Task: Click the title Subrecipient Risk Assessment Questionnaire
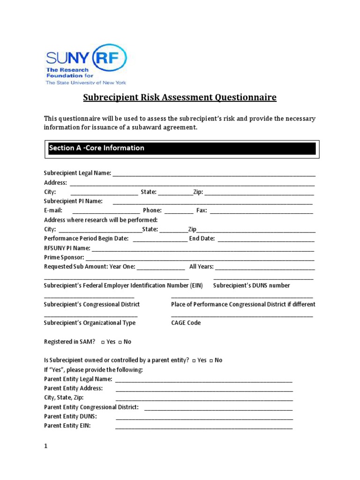click(180, 97)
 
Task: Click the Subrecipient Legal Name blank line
click(214, 174)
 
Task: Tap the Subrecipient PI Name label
click(73, 201)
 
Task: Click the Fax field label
click(202, 210)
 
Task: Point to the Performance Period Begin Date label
click(86, 239)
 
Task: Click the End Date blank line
click(266, 240)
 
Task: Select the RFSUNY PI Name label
click(67, 248)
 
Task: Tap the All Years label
click(202, 267)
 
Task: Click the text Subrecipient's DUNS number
click(251, 285)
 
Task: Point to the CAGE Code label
click(186, 323)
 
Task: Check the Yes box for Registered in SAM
click(103, 342)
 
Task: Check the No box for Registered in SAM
click(120, 342)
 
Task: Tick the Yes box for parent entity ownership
click(194, 360)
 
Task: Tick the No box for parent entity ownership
click(211, 360)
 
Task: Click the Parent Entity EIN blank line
click(204, 427)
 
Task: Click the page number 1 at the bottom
click(46, 447)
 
